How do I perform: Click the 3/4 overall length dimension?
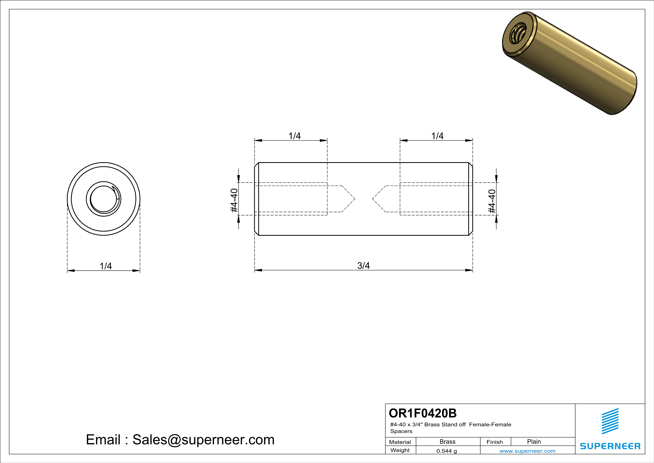363,266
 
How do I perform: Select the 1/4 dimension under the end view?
106,266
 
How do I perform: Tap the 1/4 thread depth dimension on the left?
294,136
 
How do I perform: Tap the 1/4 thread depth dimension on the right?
437,136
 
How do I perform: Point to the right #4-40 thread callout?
492,201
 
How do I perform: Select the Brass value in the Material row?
448,442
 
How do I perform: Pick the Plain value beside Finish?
534,442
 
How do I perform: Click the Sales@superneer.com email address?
203,440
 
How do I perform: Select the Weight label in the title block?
400,450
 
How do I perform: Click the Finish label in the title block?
495,442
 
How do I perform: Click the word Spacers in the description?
401,431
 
